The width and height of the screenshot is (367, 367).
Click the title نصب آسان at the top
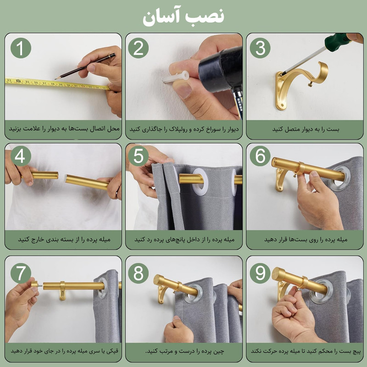(x=183, y=17)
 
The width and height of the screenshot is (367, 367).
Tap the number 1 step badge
(x=21, y=48)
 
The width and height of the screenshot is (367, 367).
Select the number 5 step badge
(x=138, y=156)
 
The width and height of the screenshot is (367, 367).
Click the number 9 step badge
(x=260, y=273)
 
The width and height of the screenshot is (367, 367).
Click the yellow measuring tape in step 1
(x=55, y=83)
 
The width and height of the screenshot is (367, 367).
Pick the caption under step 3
(x=305, y=129)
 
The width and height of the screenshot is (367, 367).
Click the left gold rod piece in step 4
(x=44, y=175)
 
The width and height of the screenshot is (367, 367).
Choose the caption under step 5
(x=184, y=240)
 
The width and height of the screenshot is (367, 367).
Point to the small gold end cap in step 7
(x=34, y=284)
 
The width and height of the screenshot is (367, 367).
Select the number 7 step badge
(x=21, y=273)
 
